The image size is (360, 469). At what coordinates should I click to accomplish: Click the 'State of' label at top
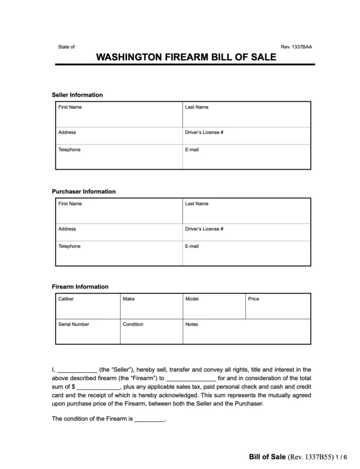pos(66,47)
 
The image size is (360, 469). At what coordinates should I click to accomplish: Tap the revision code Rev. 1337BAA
pos(296,47)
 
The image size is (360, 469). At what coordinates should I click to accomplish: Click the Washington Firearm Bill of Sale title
pos(185,58)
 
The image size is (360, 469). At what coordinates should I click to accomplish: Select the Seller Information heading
pos(77,95)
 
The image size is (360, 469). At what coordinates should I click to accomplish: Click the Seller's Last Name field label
pos(196,107)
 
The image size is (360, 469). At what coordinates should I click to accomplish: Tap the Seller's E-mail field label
pos(192,150)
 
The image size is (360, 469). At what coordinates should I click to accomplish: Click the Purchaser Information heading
pos(84,191)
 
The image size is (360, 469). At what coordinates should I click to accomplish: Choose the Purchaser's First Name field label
pos(70,204)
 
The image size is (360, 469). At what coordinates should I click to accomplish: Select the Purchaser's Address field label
pos(67,229)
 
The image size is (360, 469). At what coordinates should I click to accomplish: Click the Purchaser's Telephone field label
pos(69,246)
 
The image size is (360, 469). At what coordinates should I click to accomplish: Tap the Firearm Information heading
pos(80,287)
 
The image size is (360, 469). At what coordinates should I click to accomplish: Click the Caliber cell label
pos(66,299)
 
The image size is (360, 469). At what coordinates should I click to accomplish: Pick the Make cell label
pos(129,299)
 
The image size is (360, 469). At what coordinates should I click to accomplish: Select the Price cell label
pos(254,299)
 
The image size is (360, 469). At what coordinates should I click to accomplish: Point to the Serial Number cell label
pos(74,324)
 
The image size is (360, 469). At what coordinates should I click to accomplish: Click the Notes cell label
pos(192,324)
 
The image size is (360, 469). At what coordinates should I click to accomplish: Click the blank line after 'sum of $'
pos(98,387)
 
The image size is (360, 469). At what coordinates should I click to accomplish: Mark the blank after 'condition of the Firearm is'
pos(150,420)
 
